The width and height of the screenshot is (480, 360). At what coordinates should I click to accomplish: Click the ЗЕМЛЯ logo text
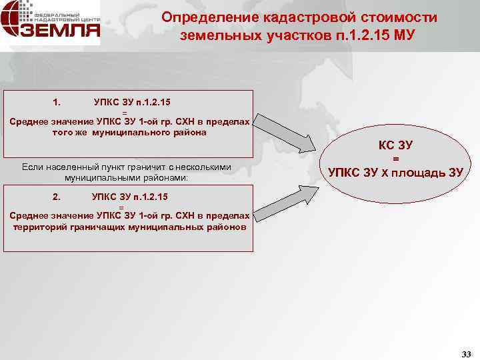[63, 31]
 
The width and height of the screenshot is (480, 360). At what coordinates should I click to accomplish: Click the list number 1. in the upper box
[57, 102]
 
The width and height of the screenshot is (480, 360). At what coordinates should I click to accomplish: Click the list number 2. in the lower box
[57, 197]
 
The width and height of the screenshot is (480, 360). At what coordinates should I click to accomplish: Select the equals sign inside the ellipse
[395, 159]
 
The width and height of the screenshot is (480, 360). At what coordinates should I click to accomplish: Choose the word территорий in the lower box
[40, 227]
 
